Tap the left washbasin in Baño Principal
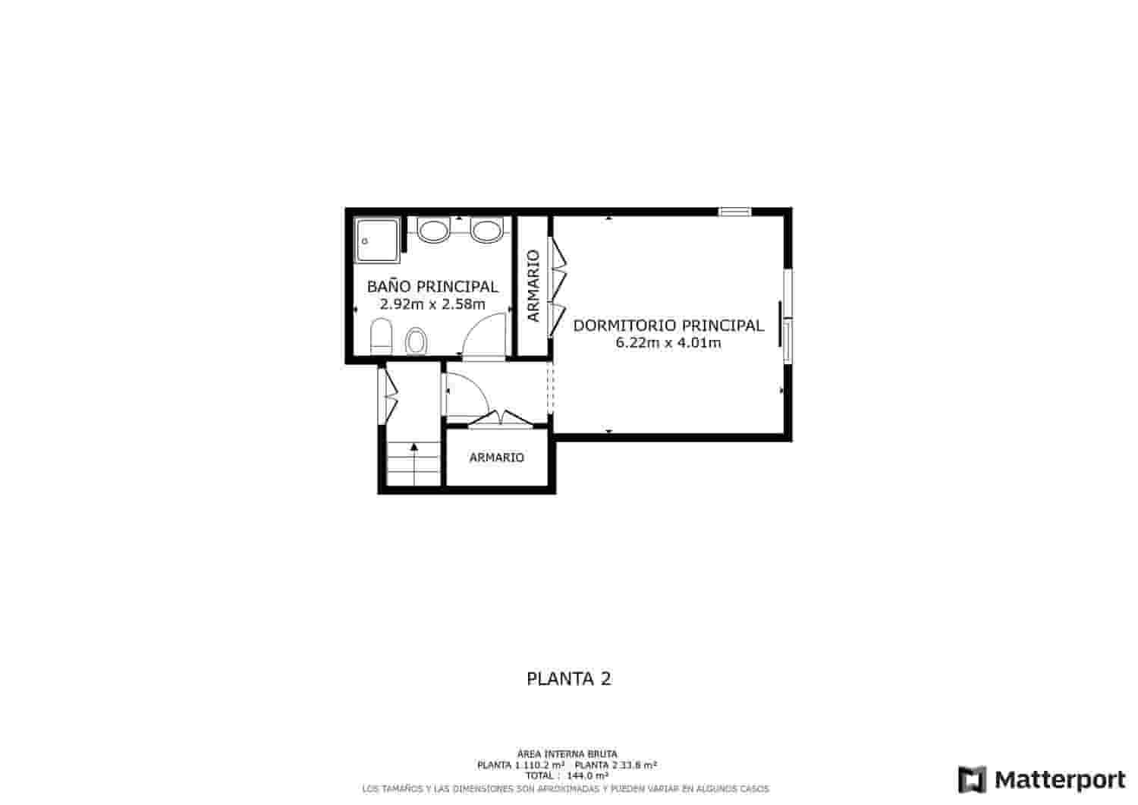(433, 231)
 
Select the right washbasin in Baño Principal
(485, 231)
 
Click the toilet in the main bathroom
(380, 335)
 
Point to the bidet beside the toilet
(416, 341)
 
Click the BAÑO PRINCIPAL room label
(432, 287)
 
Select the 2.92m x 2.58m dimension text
(432, 304)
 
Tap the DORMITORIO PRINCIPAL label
(668, 325)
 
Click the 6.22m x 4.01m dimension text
(668, 343)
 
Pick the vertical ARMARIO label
(533, 286)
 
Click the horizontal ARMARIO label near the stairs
(497, 458)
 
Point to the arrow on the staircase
(414, 448)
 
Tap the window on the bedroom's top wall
(734, 212)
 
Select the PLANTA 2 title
(569, 678)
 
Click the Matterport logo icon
(973, 779)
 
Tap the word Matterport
(1060, 779)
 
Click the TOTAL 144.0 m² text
(567, 776)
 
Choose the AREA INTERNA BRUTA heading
(567, 754)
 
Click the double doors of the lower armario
(498, 419)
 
